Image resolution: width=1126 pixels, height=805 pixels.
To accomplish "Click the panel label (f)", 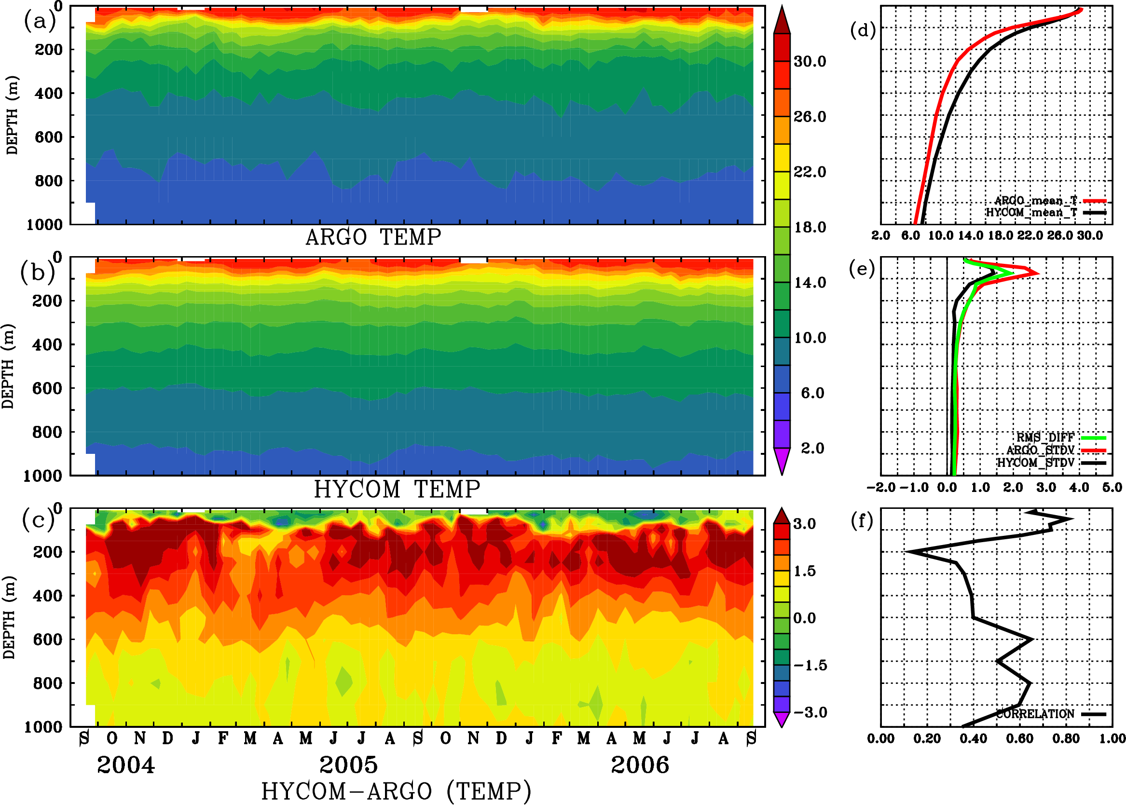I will coord(862,521).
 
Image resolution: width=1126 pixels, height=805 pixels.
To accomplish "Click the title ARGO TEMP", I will coord(373,237).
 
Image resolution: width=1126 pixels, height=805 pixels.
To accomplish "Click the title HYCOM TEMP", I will coord(397,489).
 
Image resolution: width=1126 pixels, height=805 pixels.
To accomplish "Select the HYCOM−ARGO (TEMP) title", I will coord(396,791).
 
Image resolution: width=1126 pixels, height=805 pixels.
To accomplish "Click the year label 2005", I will coord(348,765).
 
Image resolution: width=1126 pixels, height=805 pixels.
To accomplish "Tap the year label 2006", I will coord(640,765).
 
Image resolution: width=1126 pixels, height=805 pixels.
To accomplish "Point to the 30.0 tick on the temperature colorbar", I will coord(810,61).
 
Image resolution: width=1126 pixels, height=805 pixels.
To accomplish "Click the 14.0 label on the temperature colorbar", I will coord(810,283).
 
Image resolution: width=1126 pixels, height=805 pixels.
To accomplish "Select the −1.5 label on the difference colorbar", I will coord(810,665).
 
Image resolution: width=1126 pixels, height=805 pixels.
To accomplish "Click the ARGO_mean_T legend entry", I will coord(1036,201).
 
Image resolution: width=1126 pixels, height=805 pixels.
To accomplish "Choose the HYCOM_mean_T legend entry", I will coord(1031,213).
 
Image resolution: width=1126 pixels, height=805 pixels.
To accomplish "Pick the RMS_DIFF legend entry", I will coord(1045,437).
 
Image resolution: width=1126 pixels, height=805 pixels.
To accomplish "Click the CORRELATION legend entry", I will coord(1035,714).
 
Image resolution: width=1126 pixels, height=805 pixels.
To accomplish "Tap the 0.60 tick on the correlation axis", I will coord(1020,738).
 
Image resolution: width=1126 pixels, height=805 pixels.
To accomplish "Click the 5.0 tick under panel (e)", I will coord(1112,488).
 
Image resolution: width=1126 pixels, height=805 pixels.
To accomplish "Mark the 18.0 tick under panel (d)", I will coord(1000,235).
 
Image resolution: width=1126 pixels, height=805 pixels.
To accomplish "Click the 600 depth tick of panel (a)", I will coord(49,137).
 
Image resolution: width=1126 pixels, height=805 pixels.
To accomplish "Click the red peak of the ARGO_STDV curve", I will coord(1037,273).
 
